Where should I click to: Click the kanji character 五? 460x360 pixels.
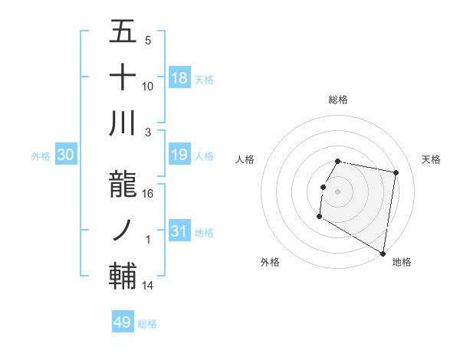[123, 33]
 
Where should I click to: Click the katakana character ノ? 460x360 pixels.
[123, 229]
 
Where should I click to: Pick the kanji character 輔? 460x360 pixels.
[123, 274]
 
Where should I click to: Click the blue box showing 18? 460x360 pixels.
[179, 78]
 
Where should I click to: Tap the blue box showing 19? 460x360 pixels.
[179, 155]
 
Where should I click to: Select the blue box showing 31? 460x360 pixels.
[179, 231]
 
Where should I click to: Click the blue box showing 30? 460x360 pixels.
[66, 155]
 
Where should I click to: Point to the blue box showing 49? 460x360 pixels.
[123, 322]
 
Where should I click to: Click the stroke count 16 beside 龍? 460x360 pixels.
[148, 194]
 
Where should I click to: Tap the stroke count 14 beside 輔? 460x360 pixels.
[148, 286]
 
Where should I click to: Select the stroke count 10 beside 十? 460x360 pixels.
[148, 86]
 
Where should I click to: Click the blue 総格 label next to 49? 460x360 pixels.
[147, 324]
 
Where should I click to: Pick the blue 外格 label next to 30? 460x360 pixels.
[41, 156]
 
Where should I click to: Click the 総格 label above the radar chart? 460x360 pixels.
[338, 100]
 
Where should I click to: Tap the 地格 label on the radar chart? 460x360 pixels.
[402, 262]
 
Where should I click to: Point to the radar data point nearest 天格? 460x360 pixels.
[396, 173]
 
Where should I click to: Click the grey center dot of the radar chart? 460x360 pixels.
[337, 191]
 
